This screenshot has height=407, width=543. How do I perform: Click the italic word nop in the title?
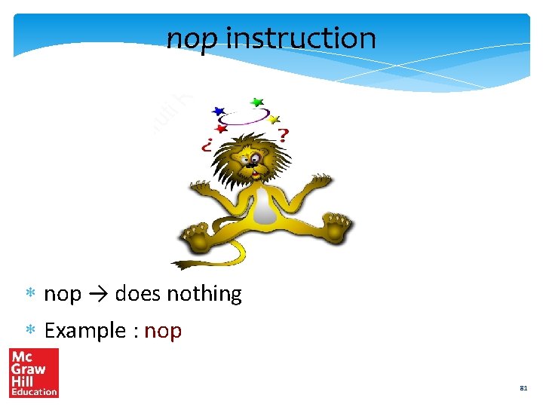[192, 38]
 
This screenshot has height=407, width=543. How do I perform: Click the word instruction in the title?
[300, 37]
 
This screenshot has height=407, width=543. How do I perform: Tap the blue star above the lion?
[219, 112]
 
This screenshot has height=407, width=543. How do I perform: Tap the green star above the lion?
[257, 102]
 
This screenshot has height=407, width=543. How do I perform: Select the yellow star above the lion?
[275, 119]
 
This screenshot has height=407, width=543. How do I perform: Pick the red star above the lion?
[221, 129]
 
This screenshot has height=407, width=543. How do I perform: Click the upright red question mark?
[282, 136]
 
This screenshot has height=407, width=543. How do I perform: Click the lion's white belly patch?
[263, 206]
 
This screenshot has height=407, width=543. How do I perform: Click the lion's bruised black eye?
[257, 159]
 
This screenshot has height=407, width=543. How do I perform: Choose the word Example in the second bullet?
[84, 330]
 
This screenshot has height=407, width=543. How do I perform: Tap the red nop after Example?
[163, 331]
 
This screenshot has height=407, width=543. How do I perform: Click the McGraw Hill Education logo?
[33, 372]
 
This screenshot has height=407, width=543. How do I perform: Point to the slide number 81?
[523, 389]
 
